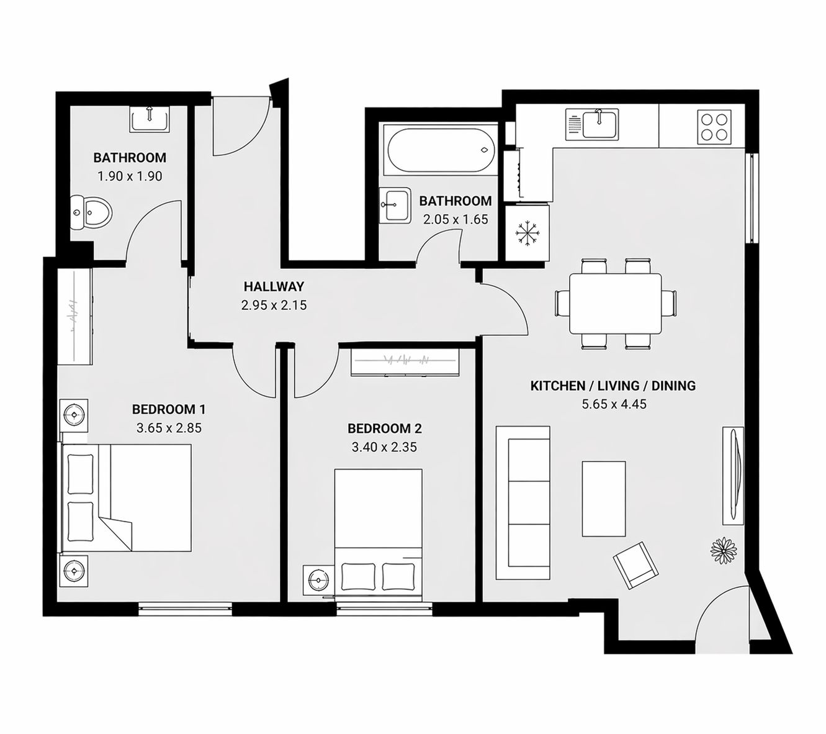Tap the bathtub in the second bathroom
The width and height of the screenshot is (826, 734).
(440, 151)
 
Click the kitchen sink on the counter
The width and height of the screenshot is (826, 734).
(592, 124)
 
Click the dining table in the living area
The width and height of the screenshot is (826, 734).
(615, 304)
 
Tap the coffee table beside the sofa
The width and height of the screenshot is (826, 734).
(603, 498)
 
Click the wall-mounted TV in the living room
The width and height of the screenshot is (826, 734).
(733, 476)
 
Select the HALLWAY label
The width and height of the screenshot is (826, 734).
(274, 287)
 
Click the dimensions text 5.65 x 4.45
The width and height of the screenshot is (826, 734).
(613, 404)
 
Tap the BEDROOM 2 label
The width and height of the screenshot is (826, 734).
(384, 428)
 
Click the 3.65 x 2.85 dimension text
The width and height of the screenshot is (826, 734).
(169, 428)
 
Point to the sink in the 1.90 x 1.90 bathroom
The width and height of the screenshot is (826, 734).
(149, 118)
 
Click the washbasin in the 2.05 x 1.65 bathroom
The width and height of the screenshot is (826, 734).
(395, 204)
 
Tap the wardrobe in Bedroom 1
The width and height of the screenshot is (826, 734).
(74, 317)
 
